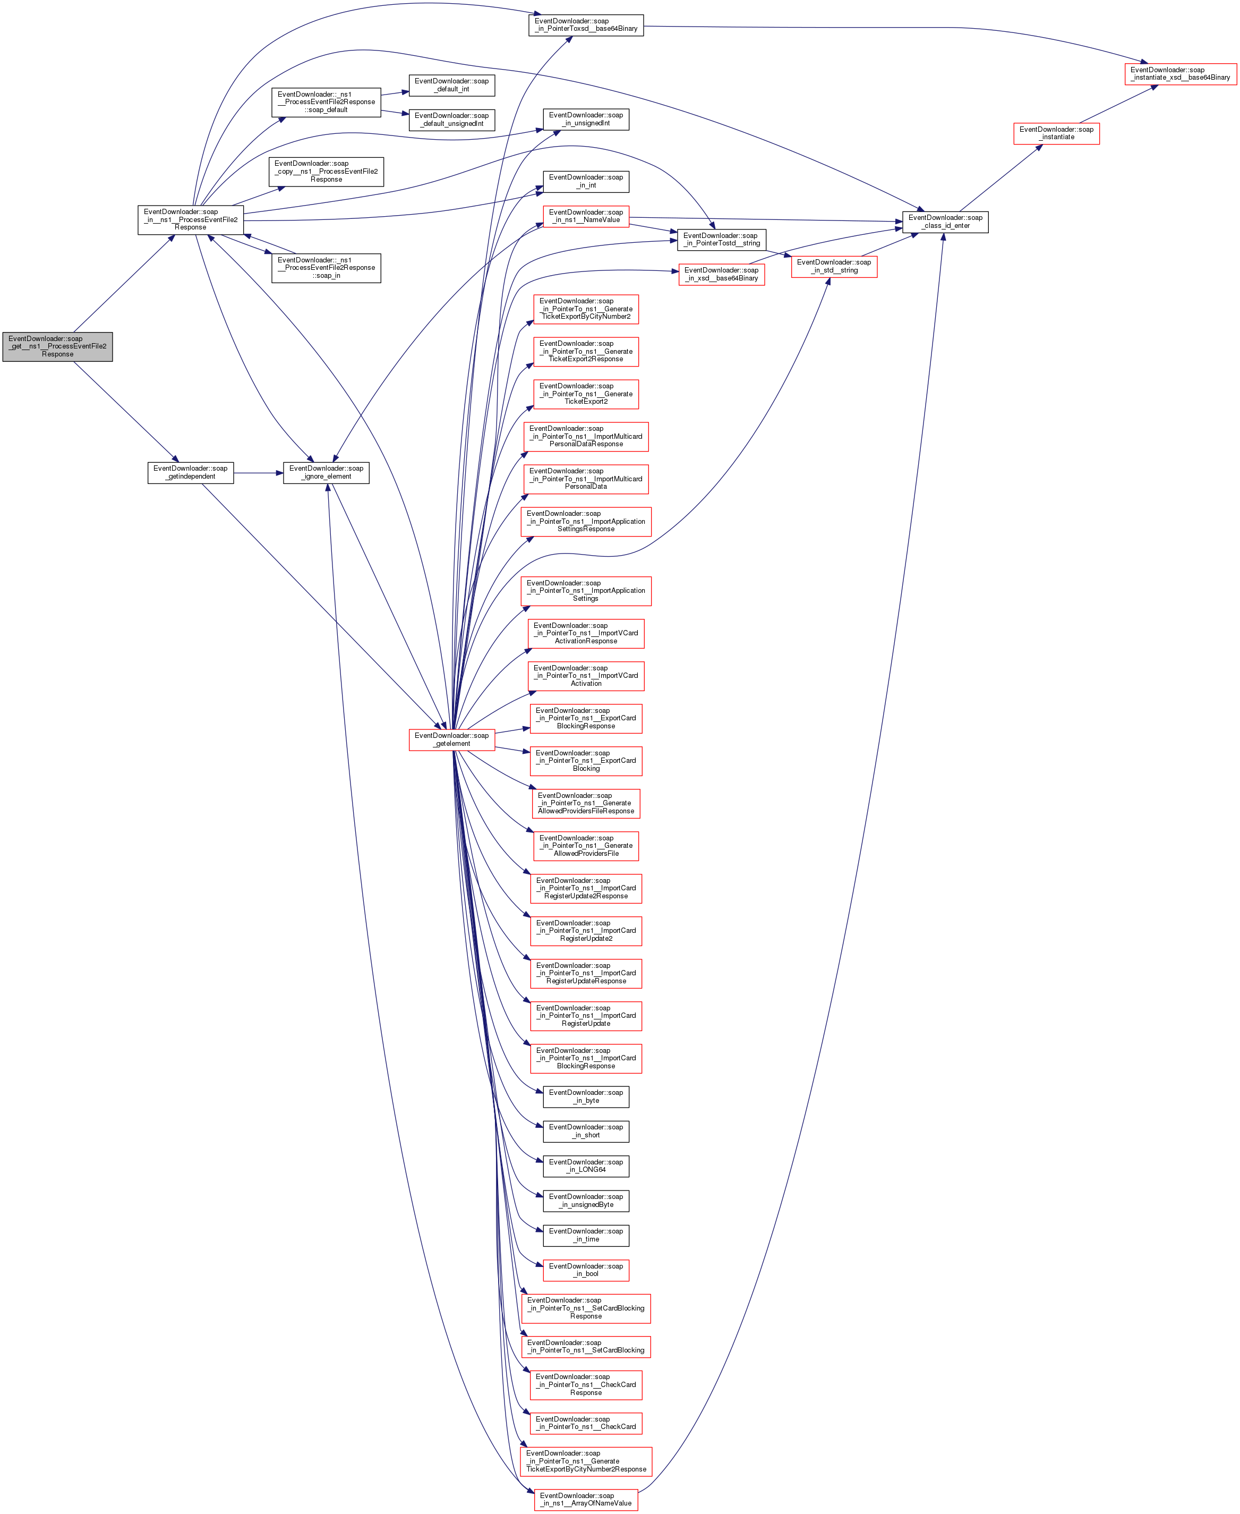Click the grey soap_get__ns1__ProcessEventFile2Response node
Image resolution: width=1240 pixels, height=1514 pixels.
[57, 346]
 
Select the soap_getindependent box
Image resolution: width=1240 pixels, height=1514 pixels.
[190, 472]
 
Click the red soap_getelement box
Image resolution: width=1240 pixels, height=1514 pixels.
[451, 739]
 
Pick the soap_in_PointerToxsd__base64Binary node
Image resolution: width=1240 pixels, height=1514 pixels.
[586, 25]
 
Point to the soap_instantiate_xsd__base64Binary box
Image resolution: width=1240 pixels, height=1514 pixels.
[1180, 74]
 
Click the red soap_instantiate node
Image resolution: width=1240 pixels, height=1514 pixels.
[1056, 134]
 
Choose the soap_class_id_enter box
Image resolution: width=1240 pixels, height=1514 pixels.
[945, 222]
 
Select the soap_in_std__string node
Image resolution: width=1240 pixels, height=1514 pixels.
[834, 267]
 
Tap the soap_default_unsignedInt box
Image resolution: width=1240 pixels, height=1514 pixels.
[451, 120]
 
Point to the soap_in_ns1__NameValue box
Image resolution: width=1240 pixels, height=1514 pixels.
[586, 216]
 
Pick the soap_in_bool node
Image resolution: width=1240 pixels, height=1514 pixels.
[586, 1270]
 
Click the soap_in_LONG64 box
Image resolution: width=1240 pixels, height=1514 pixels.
[586, 1166]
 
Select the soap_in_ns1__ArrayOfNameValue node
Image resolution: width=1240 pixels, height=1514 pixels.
[586, 1500]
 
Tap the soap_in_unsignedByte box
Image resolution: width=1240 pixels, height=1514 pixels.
[586, 1201]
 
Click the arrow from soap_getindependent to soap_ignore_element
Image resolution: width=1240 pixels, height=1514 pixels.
[258, 472]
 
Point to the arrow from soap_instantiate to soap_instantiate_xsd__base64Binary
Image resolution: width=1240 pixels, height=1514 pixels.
[1118, 104]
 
